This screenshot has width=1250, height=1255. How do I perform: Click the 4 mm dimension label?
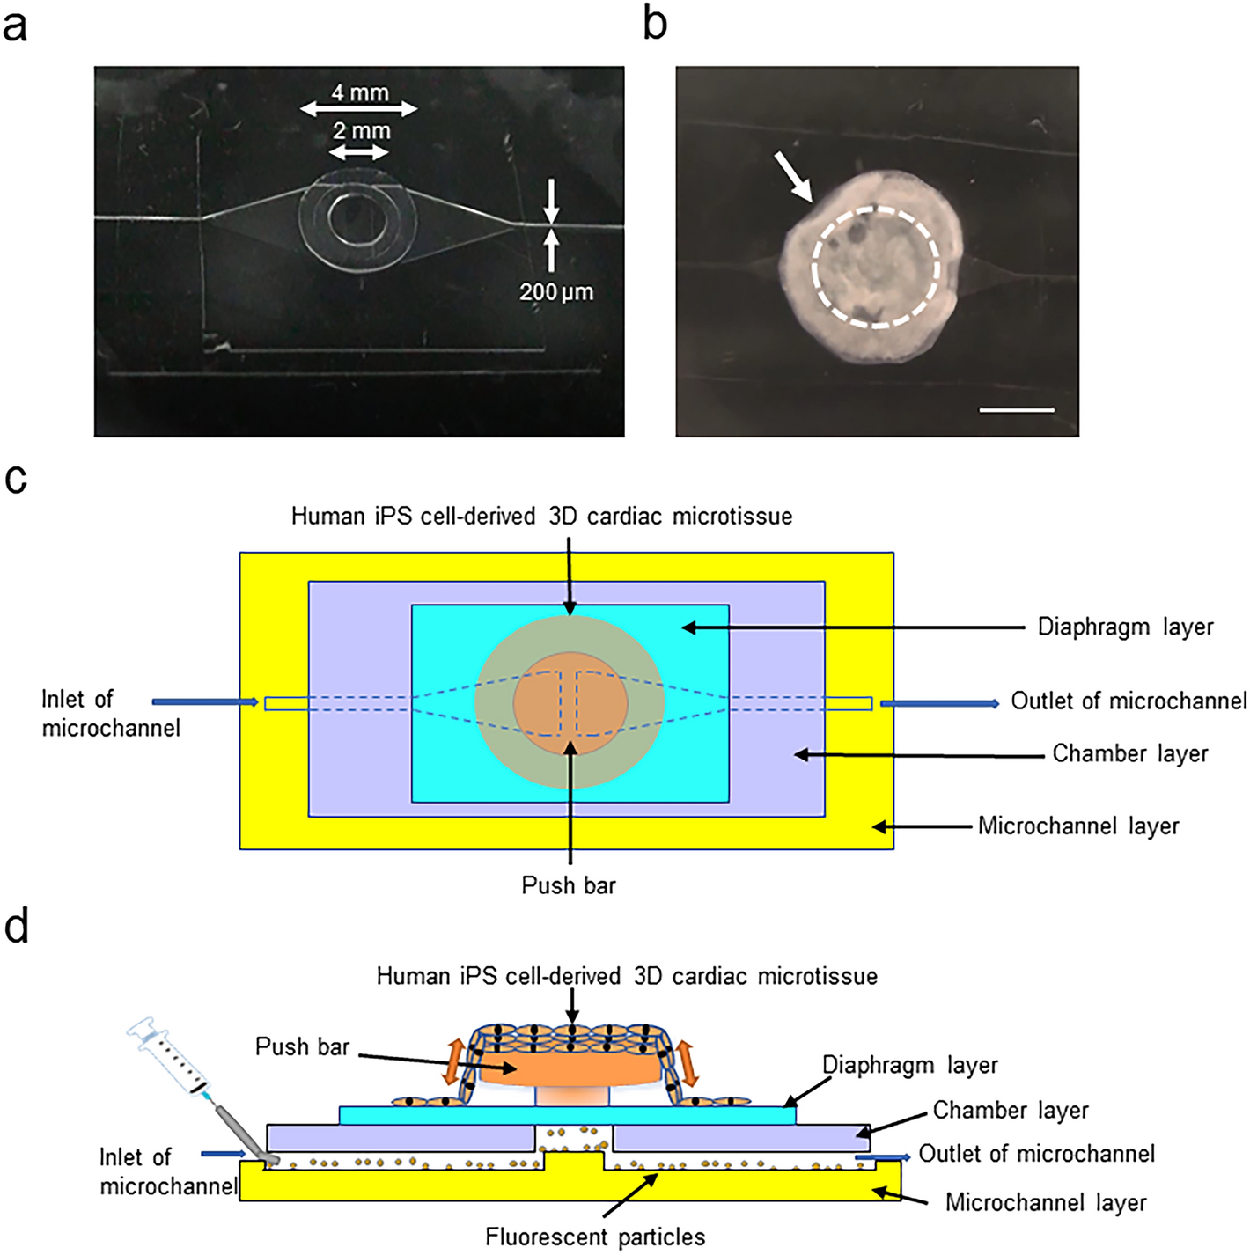(360, 92)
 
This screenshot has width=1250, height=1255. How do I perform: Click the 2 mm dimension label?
(361, 131)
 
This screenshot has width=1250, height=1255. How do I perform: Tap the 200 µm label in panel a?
(555, 291)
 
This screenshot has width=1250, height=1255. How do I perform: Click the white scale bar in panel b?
(1017, 410)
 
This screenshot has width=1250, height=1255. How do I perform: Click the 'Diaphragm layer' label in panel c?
(1125, 627)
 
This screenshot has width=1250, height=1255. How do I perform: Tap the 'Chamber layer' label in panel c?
(1130, 753)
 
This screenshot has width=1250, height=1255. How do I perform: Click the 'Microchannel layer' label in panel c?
(1078, 826)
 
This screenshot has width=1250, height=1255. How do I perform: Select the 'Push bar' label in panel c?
(569, 884)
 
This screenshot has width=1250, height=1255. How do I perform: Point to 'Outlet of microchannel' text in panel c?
(1129, 701)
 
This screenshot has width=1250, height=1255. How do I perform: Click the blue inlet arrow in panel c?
(205, 702)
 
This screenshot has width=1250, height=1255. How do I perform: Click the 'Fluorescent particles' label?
(595, 1237)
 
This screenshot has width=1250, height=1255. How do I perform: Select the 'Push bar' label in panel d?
(302, 1046)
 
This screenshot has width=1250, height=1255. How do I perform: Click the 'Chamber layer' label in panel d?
(1011, 1110)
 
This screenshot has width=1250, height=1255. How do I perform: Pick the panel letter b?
(655, 24)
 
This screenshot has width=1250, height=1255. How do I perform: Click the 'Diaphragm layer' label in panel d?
(909, 1065)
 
